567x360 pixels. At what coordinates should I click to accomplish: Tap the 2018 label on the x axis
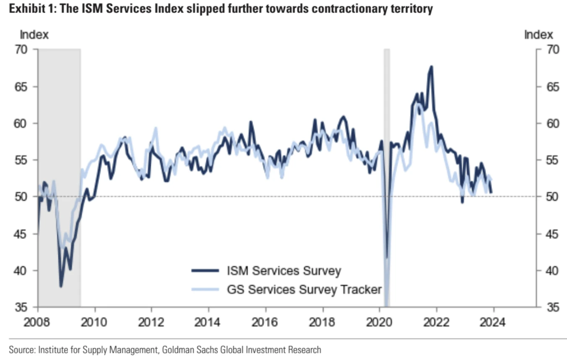[x=323, y=323]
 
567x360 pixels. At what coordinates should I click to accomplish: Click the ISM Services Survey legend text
[x=284, y=271]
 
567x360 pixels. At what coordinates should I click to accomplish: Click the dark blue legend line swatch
[x=205, y=271]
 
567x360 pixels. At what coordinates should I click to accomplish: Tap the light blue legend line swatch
[x=205, y=289]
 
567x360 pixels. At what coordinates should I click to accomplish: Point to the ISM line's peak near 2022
[x=431, y=66]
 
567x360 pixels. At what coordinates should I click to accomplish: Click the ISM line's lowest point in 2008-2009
[x=61, y=287]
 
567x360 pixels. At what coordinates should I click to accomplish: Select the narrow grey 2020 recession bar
[x=387, y=126]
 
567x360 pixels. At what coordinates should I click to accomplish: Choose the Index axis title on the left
[x=34, y=35]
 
